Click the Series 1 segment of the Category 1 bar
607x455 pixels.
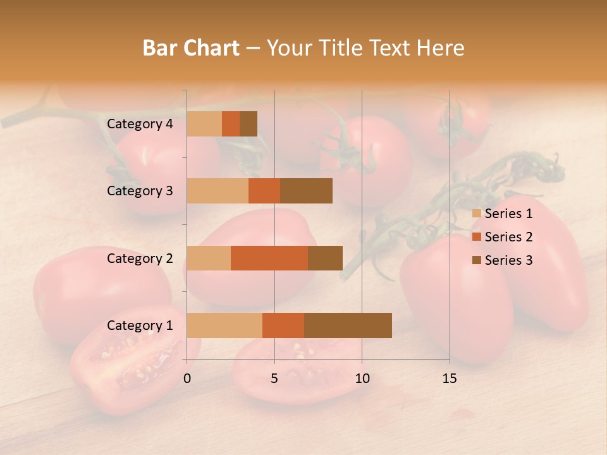(x=224, y=325)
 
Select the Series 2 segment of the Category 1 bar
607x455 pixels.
(x=283, y=325)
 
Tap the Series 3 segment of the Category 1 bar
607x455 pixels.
(x=348, y=325)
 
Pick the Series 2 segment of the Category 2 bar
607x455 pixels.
(x=269, y=258)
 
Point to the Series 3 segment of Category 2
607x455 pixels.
(x=325, y=258)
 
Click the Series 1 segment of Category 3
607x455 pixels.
(x=218, y=191)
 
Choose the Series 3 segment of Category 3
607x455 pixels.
(x=306, y=191)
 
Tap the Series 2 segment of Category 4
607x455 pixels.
(x=231, y=124)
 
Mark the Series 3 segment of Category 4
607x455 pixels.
(x=248, y=124)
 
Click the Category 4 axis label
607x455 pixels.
(x=140, y=124)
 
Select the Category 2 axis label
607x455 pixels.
(x=140, y=258)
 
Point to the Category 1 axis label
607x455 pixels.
(x=140, y=325)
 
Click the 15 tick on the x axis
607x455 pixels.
(x=449, y=379)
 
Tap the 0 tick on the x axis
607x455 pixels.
(x=187, y=379)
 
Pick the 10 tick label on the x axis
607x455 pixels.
(x=362, y=379)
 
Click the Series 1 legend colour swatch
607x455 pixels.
(x=477, y=214)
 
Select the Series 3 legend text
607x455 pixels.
(x=508, y=260)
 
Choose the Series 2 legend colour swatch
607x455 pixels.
(x=477, y=237)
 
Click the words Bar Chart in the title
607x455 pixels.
(x=191, y=47)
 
